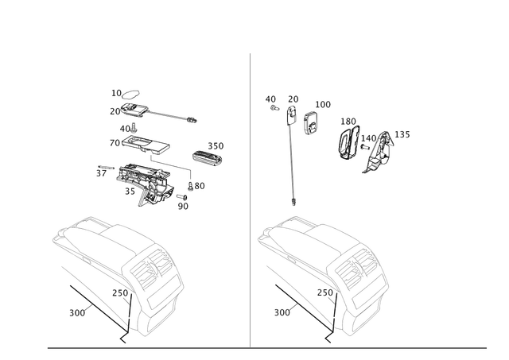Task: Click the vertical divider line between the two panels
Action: pos(251,199)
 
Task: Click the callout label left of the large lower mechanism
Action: pos(100,169)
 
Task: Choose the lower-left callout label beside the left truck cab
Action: pos(76,312)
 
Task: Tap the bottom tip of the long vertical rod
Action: pos(293,203)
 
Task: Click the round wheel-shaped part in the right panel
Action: pos(348,143)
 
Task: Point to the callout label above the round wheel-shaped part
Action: pos(347,121)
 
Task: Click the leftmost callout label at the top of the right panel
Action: pos(271,100)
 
